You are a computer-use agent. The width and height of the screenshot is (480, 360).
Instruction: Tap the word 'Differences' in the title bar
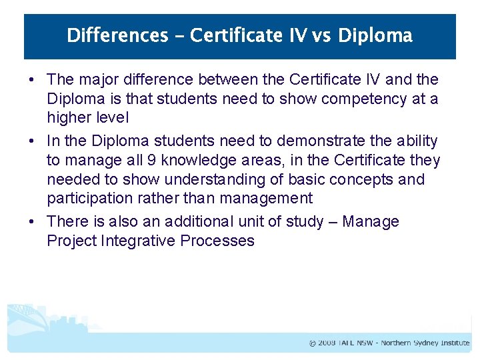[x=117, y=35]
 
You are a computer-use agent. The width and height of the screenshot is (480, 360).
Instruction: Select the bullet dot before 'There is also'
[x=32, y=222]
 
